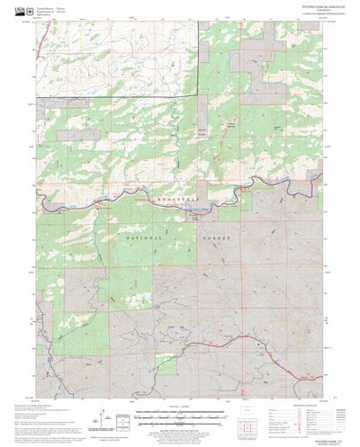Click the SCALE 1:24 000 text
183,403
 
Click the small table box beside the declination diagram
126,419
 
